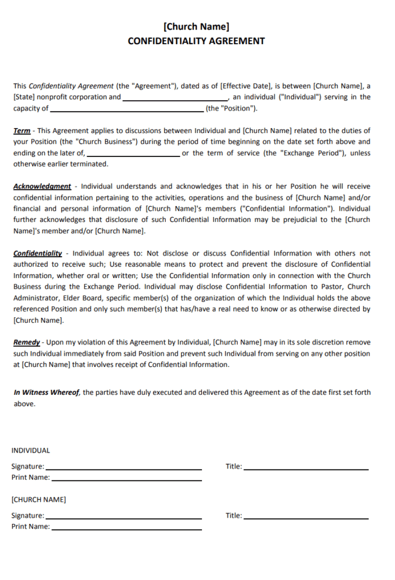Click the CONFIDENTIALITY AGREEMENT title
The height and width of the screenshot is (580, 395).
[196, 41]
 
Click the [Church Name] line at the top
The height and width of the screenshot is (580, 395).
[196, 26]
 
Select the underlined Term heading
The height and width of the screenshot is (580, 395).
[22, 131]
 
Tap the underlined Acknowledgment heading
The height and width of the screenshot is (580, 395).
[42, 186]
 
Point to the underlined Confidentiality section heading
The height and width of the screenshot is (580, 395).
[37, 253]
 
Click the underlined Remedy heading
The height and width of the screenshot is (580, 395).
[27, 342]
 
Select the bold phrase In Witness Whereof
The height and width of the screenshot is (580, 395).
[47, 393]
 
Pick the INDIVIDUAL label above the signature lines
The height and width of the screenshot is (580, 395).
[31, 451]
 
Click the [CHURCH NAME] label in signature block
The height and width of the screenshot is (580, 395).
[38, 500]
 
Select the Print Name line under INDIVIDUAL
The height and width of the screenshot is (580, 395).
[126, 480]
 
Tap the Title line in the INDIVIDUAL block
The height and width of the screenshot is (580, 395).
[306, 468]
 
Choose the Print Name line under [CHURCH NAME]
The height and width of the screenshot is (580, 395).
[126, 529]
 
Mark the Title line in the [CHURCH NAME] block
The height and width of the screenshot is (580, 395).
[306, 518]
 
